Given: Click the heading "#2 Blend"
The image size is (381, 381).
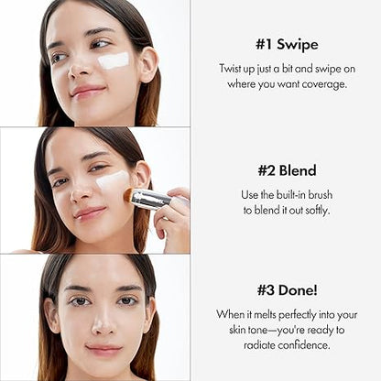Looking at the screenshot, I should tap(285, 169).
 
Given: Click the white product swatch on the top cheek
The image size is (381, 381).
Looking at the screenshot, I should tap(113, 60).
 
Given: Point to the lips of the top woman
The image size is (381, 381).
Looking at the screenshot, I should tap(88, 92).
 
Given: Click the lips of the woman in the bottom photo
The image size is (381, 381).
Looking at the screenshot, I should tap(103, 349).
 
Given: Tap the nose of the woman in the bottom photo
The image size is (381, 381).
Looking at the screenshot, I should tap(103, 323).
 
